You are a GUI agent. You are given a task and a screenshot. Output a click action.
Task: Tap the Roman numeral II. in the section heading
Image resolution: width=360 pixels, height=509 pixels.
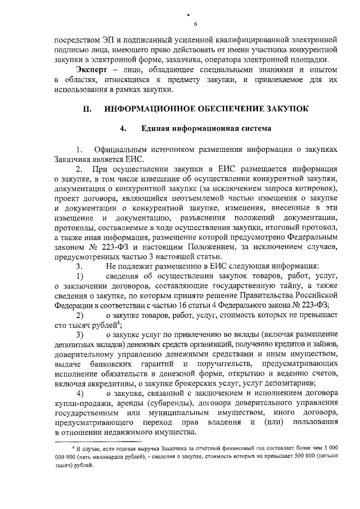click(x=88, y=109)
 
